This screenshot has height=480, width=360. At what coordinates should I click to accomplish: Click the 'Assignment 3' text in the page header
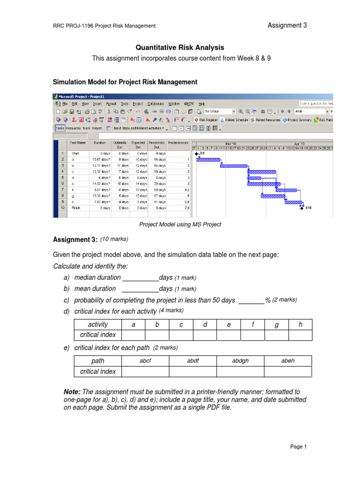pyautogui.click(x=287, y=25)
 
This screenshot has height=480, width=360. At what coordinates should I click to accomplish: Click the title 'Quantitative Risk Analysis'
pyautogui.click(x=180, y=47)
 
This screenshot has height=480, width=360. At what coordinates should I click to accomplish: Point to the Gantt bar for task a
pyautogui.click(x=208, y=159)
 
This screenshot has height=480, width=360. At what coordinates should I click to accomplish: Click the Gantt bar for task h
pyautogui.click(x=293, y=202)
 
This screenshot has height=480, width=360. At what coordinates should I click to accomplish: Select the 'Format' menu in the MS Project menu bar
pyautogui.click(x=111, y=103)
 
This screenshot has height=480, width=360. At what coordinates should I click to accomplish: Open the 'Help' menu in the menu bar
pyautogui.click(x=202, y=103)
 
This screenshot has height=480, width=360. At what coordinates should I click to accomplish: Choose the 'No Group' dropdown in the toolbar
pyautogui.click(x=219, y=112)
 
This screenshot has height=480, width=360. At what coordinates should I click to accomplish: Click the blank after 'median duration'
pyautogui.click(x=140, y=277)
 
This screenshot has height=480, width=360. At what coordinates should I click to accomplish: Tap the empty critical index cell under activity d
pyautogui.click(x=205, y=335)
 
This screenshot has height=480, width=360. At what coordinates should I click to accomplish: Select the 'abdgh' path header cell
pyautogui.click(x=240, y=360)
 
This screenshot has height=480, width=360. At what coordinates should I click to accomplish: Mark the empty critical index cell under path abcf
pyautogui.click(x=145, y=371)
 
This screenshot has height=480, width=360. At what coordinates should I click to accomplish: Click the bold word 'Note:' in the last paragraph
pyautogui.click(x=72, y=391)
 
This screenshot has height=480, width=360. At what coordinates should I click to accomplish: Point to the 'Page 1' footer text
pyautogui.click(x=298, y=447)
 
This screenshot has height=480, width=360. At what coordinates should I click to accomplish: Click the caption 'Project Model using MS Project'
pyautogui.click(x=180, y=225)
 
